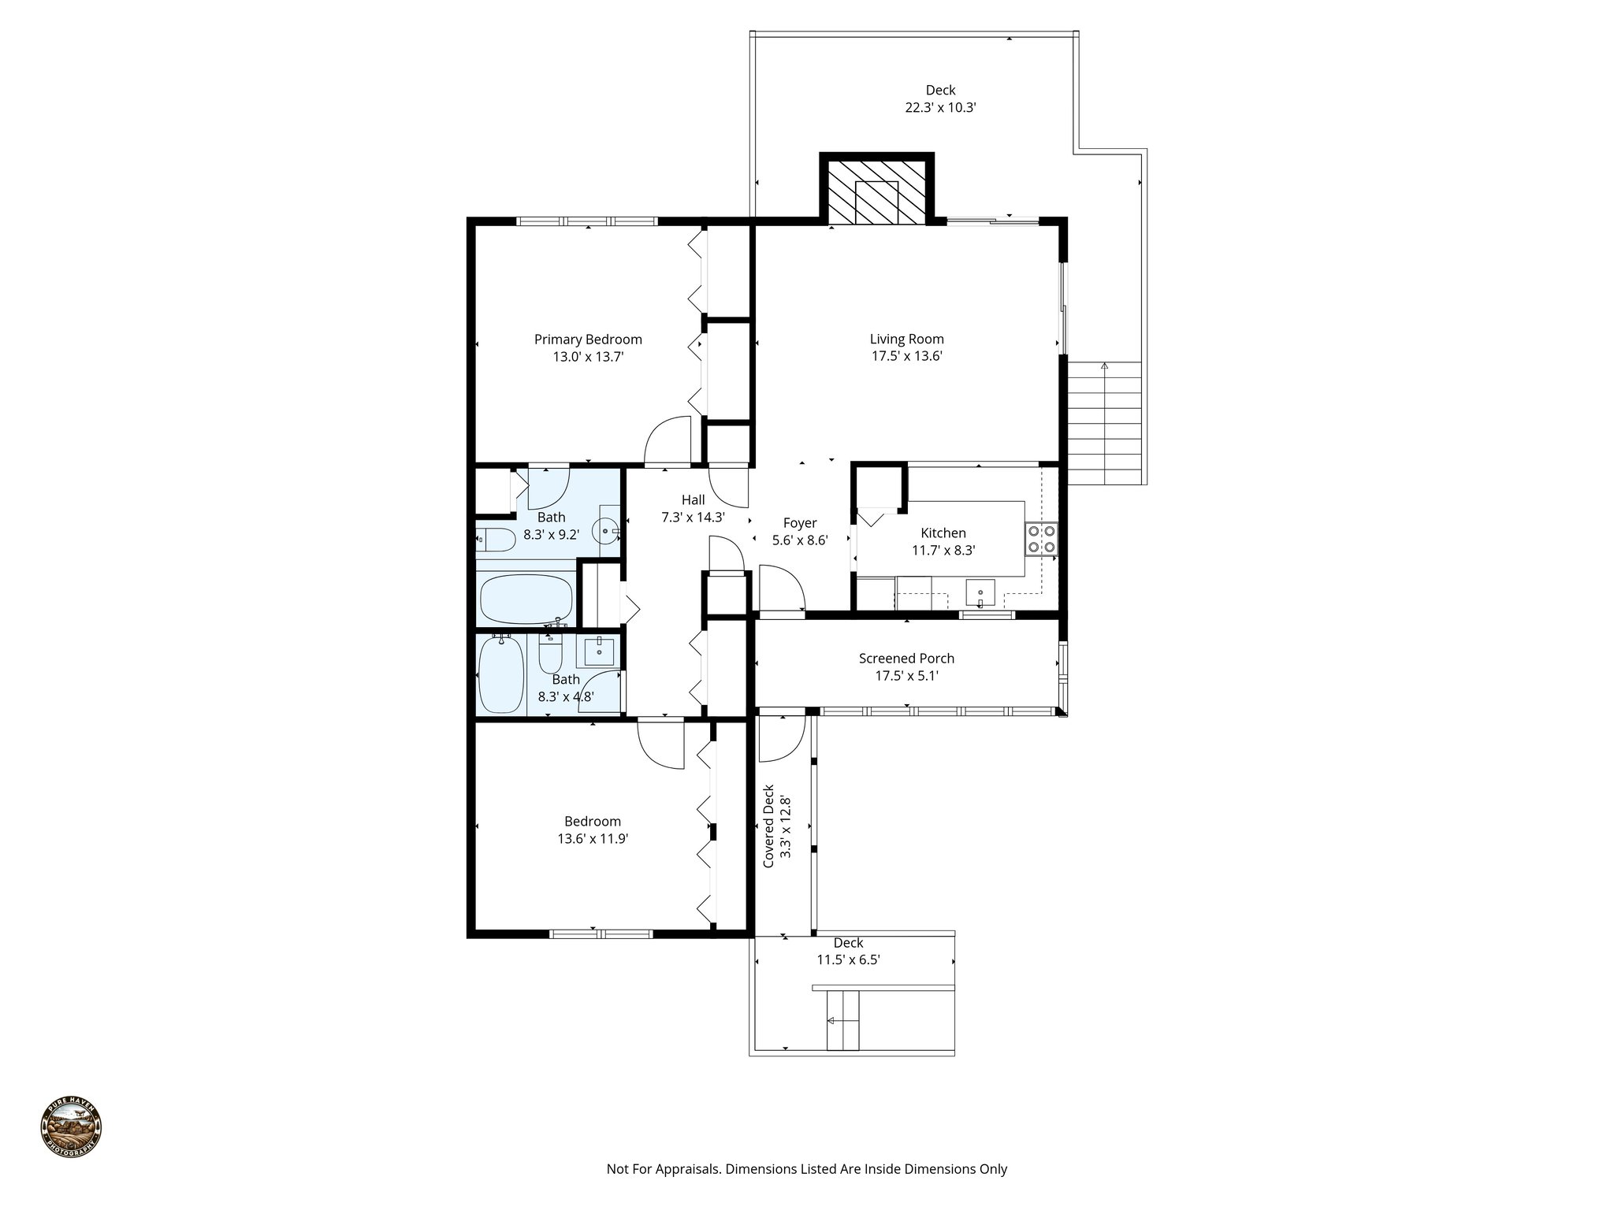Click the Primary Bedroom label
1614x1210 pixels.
pyautogui.click(x=588, y=340)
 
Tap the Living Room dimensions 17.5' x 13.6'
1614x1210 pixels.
pyautogui.click(x=906, y=356)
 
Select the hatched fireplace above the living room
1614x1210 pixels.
pyautogui.click(x=876, y=191)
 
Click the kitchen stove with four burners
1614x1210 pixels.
pyautogui.click(x=1041, y=539)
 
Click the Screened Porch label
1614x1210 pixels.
pyautogui.click(x=906, y=659)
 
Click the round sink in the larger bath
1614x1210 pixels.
pyautogui.click(x=607, y=532)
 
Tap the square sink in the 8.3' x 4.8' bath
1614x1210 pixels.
pyautogui.click(x=598, y=651)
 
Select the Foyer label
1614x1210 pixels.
pyautogui.click(x=799, y=523)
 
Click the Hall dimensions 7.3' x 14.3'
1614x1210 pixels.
pyautogui.click(x=693, y=518)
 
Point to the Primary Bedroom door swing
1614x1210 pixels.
pyautogui.click(x=667, y=441)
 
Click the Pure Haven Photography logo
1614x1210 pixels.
pyautogui.click(x=71, y=1127)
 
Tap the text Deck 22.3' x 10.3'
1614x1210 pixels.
pyautogui.click(x=940, y=99)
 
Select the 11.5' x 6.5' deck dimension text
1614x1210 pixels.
pyautogui.click(x=848, y=960)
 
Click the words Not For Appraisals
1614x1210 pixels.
pyautogui.click(x=664, y=1169)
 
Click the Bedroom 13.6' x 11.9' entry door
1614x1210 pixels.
pyautogui.click(x=660, y=743)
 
